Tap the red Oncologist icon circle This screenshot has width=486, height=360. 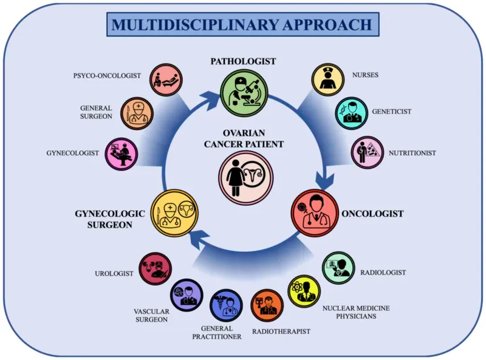coord(314,213)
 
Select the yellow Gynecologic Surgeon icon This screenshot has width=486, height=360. coord(174,213)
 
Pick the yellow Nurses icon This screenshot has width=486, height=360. coord(329,80)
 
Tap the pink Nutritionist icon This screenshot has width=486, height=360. coord(368,152)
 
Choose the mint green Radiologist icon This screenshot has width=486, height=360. coord(338,268)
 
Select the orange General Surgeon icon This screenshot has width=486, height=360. coord(137,113)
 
